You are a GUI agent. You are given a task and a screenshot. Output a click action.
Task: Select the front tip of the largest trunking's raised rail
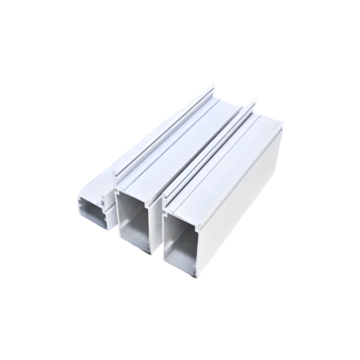(165, 197)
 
